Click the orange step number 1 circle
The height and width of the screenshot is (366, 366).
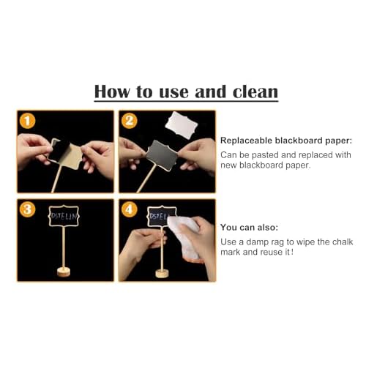point(27,122)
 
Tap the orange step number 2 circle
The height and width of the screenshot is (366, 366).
point(130,122)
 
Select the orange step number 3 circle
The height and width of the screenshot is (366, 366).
point(27,209)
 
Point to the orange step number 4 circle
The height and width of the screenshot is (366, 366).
point(130,209)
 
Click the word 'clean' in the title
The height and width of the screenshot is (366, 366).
point(250,91)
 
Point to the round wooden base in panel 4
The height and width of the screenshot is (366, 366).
point(161,272)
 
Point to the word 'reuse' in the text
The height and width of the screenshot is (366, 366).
point(283,253)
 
